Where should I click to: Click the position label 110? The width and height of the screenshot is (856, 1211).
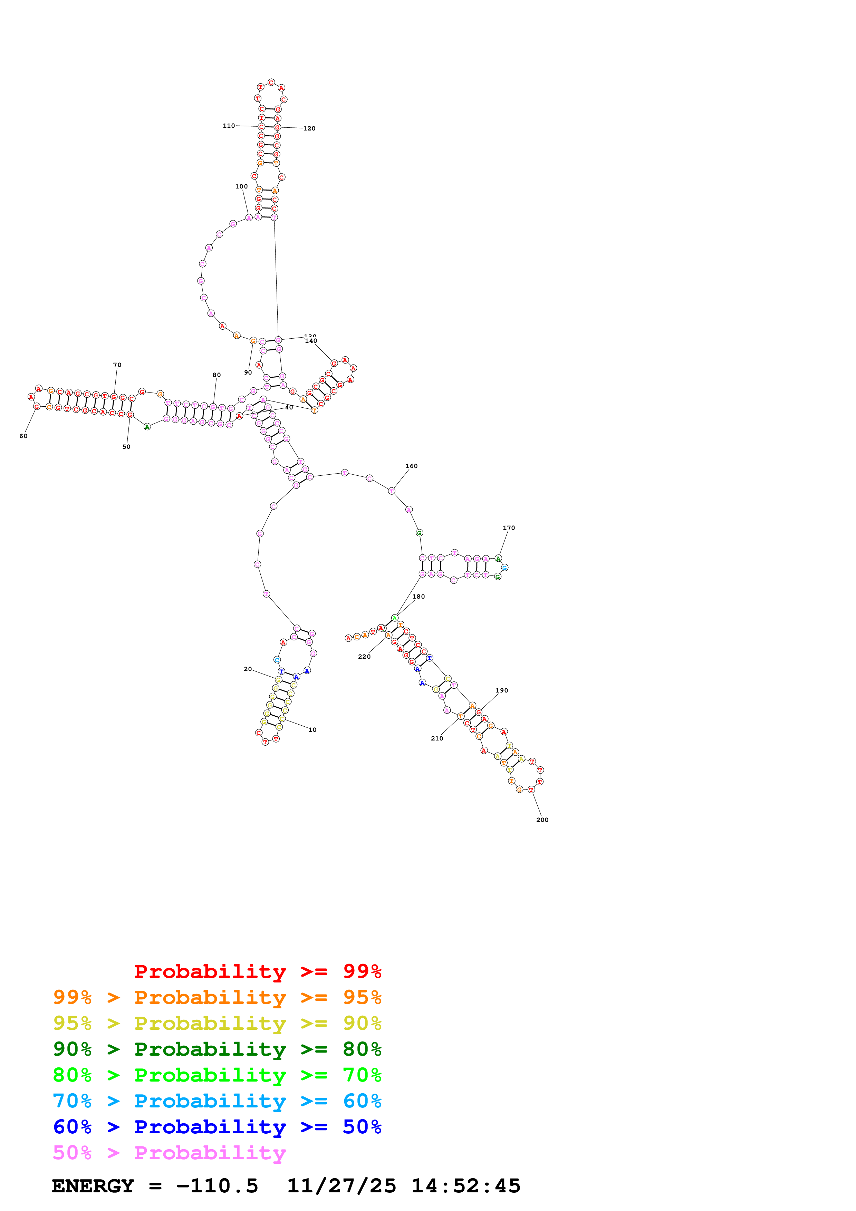(228, 126)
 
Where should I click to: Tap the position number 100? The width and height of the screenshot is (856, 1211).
(241, 186)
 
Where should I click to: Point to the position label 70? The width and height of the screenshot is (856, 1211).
(117, 365)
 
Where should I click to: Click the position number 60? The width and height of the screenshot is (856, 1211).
(23, 436)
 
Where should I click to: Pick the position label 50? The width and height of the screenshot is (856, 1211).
(126, 446)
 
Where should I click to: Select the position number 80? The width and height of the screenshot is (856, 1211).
(216, 375)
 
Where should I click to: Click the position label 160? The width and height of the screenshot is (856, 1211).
(411, 466)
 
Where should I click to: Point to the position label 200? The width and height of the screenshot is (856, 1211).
(542, 819)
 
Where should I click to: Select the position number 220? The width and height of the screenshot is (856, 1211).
(364, 656)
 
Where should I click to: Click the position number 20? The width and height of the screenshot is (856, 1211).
(247, 669)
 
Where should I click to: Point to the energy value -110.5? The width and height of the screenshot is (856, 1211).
(217, 1186)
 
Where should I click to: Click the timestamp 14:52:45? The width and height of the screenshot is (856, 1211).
(466, 1186)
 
